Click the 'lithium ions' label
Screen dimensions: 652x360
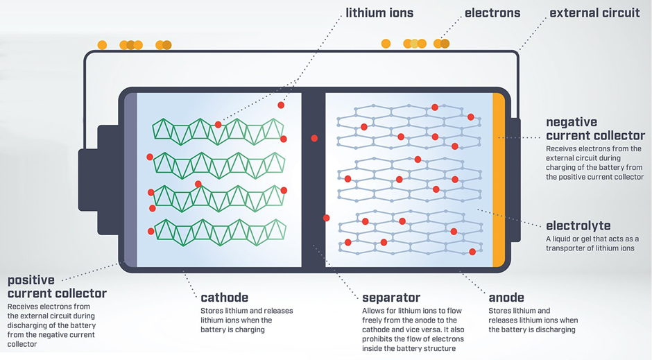379,13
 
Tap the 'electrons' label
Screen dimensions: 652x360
492,13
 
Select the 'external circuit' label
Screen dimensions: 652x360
594,13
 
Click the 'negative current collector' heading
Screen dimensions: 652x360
595,129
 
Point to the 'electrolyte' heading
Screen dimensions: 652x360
578,225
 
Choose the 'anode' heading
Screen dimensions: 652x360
506,298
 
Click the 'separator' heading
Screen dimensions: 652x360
391,298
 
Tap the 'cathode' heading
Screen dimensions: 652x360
225,298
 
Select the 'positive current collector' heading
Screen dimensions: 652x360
57,287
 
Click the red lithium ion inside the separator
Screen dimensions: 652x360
314,139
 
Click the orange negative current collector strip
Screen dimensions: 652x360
499,180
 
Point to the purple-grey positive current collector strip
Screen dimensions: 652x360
130,180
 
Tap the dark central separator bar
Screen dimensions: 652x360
314,180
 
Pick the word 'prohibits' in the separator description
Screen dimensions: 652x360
377,338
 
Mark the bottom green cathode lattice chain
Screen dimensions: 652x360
221,232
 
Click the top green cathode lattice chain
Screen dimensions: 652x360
218,132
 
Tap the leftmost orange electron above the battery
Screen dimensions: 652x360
102,45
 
